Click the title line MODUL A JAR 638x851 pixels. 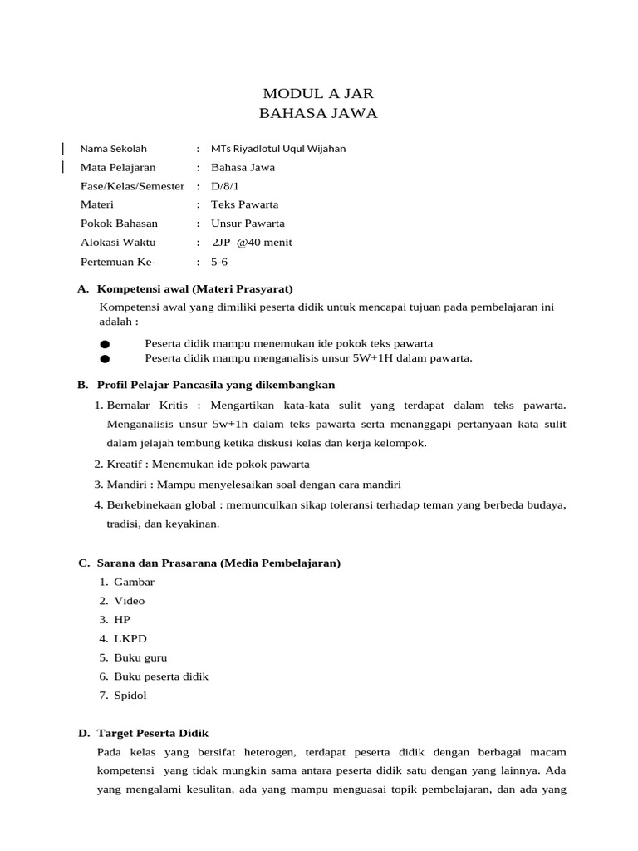(318, 92)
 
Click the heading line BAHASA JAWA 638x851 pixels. (318, 113)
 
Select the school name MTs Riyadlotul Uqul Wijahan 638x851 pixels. (278, 149)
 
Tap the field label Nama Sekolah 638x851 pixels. (113, 149)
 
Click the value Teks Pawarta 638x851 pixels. (244, 204)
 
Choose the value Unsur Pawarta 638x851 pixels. (248, 224)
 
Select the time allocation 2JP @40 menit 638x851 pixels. (252, 243)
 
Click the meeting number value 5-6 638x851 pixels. (219, 262)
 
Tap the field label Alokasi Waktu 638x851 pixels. (117, 243)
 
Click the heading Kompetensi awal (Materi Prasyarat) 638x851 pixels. (194, 289)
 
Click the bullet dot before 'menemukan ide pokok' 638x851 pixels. (105, 344)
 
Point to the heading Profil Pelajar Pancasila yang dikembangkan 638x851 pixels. (215, 385)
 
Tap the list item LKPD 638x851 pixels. (130, 638)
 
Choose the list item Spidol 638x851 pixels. (130, 696)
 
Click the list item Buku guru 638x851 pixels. (140, 657)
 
